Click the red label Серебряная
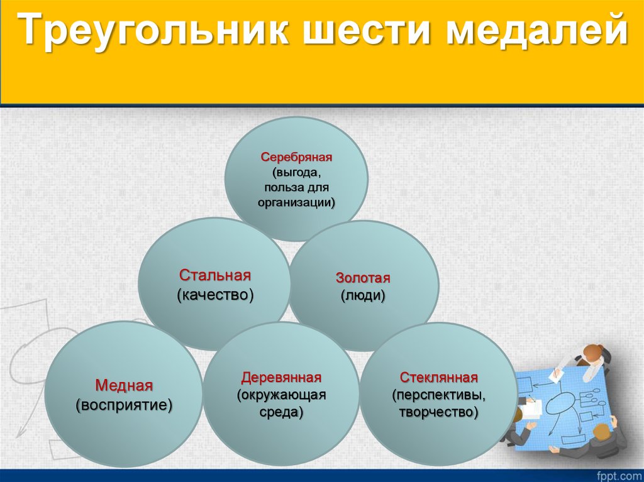296,156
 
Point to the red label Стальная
215,276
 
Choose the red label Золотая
363,278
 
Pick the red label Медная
124,385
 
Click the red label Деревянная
281,378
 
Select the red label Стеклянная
439,378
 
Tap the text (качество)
215,295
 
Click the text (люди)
363,295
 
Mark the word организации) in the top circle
296,202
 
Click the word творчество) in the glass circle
439,412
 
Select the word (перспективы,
439,395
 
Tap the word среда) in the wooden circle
281,412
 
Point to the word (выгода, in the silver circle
296,172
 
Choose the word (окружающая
281,395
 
